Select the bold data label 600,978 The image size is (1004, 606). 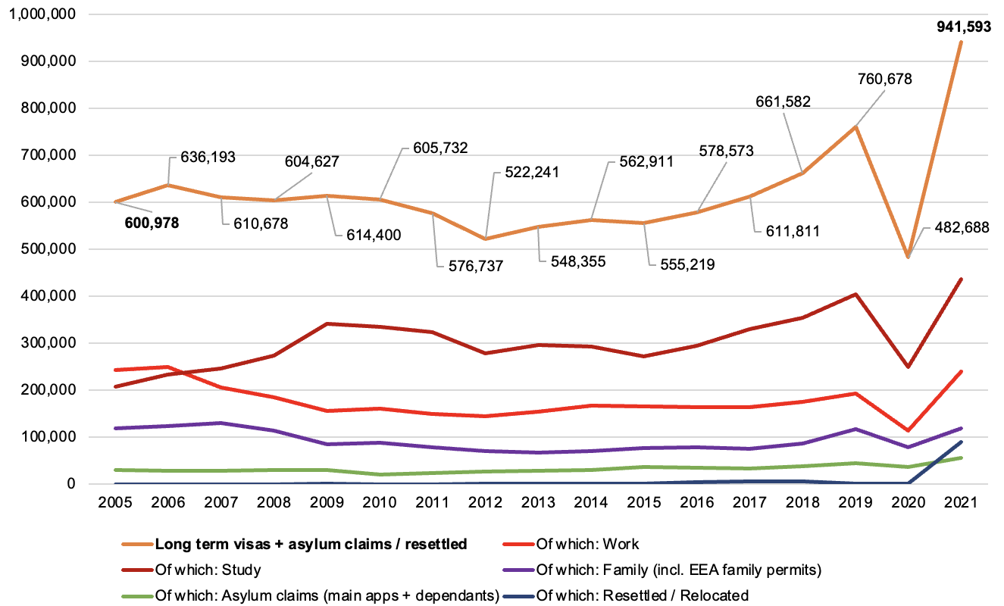click(x=147, y=223)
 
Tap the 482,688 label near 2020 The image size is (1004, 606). click(x=956, y=226)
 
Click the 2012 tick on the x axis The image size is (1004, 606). click(x=486, y=502)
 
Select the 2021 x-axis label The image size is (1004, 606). click(x=963, y=502)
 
